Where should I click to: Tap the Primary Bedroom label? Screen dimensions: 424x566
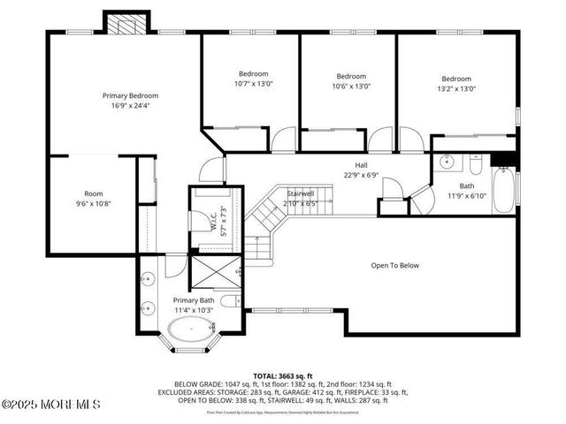click(130, 95)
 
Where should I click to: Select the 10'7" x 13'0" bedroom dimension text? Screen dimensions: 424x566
click(253, 85)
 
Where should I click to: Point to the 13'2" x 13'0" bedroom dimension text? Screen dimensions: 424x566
click(456, 88)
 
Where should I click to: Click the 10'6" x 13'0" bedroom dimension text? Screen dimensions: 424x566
click(351, 87)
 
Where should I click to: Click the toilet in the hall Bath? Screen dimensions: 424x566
click(475, 165)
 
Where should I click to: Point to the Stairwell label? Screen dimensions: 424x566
click(301, 193)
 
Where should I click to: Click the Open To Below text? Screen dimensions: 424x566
click(394, 265)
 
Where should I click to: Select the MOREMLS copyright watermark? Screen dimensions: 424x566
click(51, 405)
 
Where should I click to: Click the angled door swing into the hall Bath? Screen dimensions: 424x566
click(420, 201)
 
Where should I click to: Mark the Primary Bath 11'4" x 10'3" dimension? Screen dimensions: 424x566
click(194, 311)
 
